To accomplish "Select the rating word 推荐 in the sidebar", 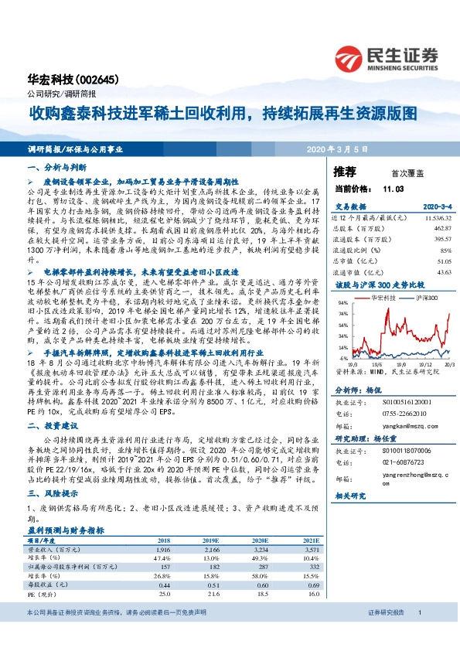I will [345, 171].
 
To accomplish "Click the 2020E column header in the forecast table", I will [261, 540].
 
